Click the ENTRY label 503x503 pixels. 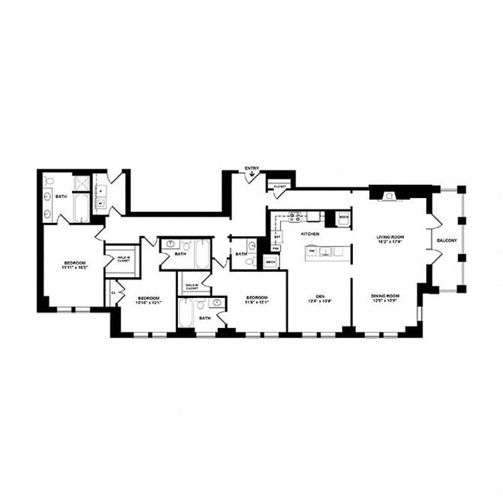coord(251,167)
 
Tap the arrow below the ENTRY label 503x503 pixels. coord(251,177)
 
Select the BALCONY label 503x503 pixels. coord(447,241)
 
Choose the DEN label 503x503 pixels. coord(319,296)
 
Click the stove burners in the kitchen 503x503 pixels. coord(296,217)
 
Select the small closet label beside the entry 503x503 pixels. coord(279,186)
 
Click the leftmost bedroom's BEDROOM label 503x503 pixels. coord(75,264)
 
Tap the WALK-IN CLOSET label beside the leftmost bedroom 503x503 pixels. coord(123,259)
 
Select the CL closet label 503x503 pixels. coord(113,292)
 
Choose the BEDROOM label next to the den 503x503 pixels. coord(257,298)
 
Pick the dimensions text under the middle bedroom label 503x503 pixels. coord(149,303)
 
